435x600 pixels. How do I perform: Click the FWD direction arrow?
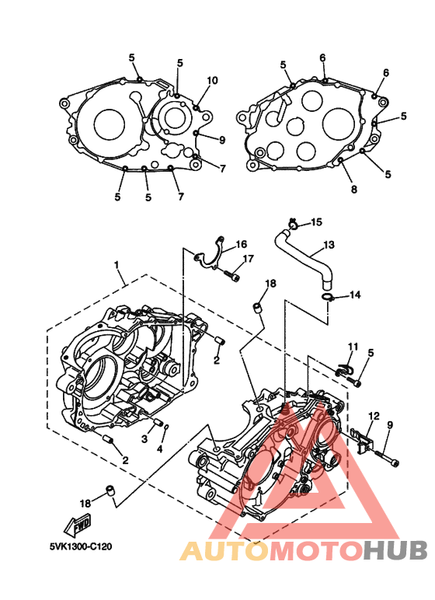pyautogui.click(x=78, y=525)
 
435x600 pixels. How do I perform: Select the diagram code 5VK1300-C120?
pyautogui.click(x=81, y=546)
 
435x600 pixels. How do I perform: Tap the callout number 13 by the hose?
pyautogui.click(x=329, y=245)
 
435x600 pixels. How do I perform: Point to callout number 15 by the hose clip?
pyautogui.click(x=317, y=222)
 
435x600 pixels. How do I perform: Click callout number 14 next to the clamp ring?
pyautogui.click(x=355, y=295)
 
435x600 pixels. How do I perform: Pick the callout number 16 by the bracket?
pyautogui.click(x=242, y=244)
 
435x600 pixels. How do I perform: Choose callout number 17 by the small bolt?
pyautogui.click(x=249, y=259)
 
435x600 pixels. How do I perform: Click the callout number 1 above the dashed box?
pyautogui.click(x=117, y=265)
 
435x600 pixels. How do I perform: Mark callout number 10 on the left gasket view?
pyautogui.click(x=212, y=80)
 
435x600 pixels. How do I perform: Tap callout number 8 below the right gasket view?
pyautogui.click(x=354, y=189)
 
